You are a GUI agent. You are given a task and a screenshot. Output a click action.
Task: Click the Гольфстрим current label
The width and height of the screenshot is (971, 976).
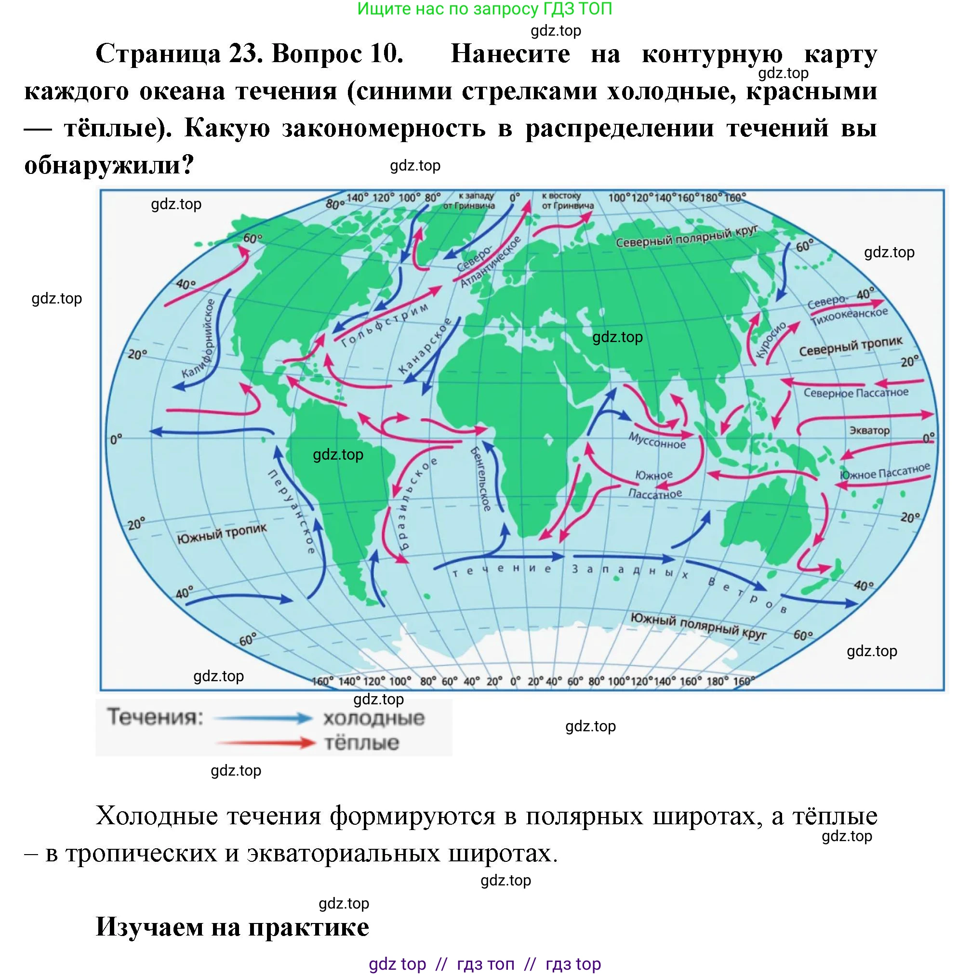click(385, 325)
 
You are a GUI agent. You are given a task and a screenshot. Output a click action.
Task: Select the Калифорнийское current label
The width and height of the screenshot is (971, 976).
click(199, 339)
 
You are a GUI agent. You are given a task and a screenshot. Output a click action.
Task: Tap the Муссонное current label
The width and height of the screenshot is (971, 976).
click(657, 440)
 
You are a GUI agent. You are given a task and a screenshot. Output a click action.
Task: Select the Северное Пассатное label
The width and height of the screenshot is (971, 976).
click(856, 393)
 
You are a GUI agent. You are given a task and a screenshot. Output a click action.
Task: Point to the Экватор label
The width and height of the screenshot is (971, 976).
click(869, 430)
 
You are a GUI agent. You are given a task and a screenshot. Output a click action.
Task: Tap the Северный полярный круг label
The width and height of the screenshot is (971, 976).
click(687, 237)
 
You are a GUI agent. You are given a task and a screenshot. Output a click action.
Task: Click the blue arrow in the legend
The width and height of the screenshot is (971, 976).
click(263, 718)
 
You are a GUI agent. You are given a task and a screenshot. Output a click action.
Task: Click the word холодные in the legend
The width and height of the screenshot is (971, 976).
click(374, 718)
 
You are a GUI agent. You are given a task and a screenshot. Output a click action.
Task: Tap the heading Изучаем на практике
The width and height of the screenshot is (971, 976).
click(232, 926)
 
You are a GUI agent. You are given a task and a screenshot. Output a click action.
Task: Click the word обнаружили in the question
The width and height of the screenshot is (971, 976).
click(101, 165)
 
